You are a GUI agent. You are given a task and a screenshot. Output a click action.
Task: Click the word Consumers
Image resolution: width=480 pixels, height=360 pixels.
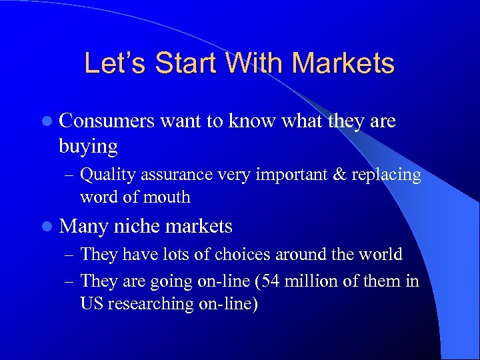[107, 121]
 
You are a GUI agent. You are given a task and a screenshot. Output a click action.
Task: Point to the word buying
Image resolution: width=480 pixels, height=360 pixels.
[88, 145]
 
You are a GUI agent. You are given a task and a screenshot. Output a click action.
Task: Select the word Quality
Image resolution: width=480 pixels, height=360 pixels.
[104, 175]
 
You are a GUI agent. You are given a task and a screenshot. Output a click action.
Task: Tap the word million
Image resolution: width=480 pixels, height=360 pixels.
[309, 281]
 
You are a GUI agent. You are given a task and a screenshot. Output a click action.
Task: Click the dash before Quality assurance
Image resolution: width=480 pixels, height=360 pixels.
[69, 175]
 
